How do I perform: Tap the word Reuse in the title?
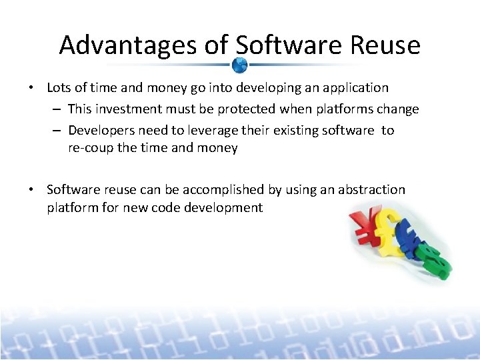tap(387, 45)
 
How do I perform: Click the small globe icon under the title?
tap(240, 65)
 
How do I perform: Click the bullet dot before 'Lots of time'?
tap(31, 88)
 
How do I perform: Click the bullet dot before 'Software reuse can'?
tap(31, 190)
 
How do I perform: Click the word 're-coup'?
tap(91, 148)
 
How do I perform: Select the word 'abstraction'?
tap(371, 190)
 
